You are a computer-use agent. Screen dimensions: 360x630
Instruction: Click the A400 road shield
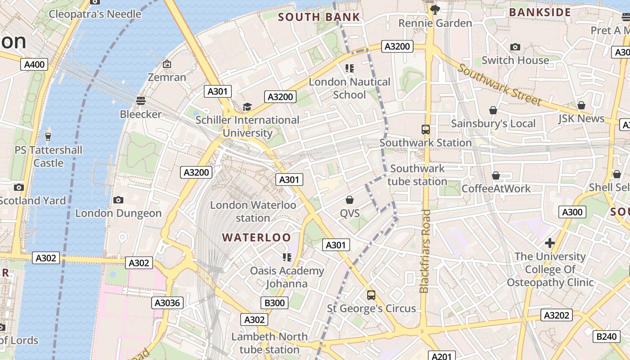coord(34,64)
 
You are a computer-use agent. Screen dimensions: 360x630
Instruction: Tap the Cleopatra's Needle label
coord(95,14)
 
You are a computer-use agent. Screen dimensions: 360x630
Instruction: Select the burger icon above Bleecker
coord(141,100)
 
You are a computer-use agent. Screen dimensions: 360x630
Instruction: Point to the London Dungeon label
coord(118,213)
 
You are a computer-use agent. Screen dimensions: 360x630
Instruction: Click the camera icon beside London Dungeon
coord(118,200)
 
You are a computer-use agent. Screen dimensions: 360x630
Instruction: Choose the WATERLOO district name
coord(256,237)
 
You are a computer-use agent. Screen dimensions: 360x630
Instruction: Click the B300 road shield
coord(274,303)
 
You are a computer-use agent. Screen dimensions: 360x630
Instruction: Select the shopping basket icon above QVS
coord(350,199)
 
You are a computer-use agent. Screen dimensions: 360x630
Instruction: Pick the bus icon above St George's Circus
coord(371,295)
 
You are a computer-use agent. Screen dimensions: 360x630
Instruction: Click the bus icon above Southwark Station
coord(426,130)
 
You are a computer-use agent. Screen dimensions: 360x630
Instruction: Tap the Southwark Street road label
coord(499,85)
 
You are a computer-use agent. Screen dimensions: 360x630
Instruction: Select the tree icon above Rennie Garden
coord(435,9)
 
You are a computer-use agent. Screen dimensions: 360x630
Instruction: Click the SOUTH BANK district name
coord(319,17)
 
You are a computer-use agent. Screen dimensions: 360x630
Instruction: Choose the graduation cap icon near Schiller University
coord(247,107)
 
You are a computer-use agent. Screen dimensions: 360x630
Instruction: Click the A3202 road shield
coord(557,315)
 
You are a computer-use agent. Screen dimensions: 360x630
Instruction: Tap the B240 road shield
coord(606,336)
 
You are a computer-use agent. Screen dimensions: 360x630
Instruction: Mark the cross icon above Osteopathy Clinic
coord(549,243)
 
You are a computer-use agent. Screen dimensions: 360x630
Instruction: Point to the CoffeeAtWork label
coord(496,189)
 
